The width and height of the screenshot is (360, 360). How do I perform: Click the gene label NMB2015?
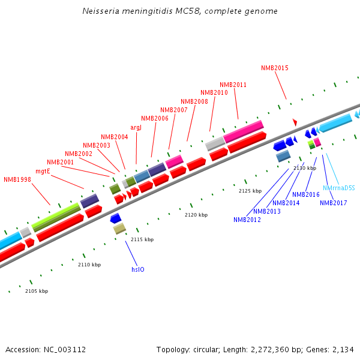[275, 68]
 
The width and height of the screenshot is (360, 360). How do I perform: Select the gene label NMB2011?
[233, 85]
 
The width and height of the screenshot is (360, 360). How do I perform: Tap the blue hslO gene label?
[137, 269]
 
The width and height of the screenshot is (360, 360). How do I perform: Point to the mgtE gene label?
[43, 171]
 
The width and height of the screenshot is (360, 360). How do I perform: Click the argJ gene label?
[136, 127]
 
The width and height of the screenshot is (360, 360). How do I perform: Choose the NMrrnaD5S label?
[339, 188]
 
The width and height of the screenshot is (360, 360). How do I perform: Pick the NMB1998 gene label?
[17, 179]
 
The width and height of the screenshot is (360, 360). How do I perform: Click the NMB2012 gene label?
[247, 220]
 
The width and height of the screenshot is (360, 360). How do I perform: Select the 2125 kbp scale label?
[250, 191]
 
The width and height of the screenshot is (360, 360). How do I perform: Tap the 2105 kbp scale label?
[37, 291]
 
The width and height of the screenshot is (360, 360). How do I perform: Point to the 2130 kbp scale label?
[304, 168]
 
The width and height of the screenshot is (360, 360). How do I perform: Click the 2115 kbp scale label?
[142, 239]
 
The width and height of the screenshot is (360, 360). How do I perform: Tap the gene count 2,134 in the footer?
[343, 349]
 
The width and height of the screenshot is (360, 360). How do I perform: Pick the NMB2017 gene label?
[333, 203]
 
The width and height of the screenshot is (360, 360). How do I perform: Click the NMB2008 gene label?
[194, 101]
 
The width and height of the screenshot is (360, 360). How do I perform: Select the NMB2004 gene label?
[115, 137]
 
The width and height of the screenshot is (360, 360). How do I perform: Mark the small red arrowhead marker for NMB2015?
[295, 122]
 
